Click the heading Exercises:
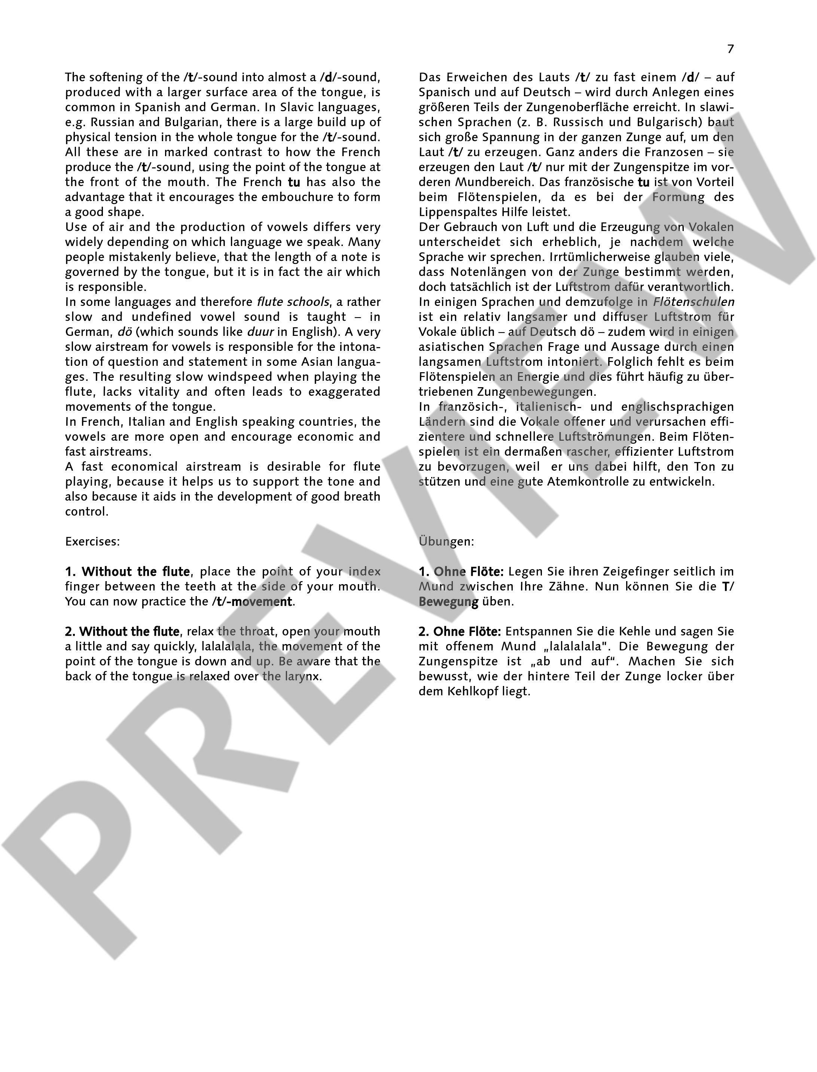coord(92,541)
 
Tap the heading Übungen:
coord(446,541)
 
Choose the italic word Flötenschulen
coord(693,302)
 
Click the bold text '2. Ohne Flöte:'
coord(460,632)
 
